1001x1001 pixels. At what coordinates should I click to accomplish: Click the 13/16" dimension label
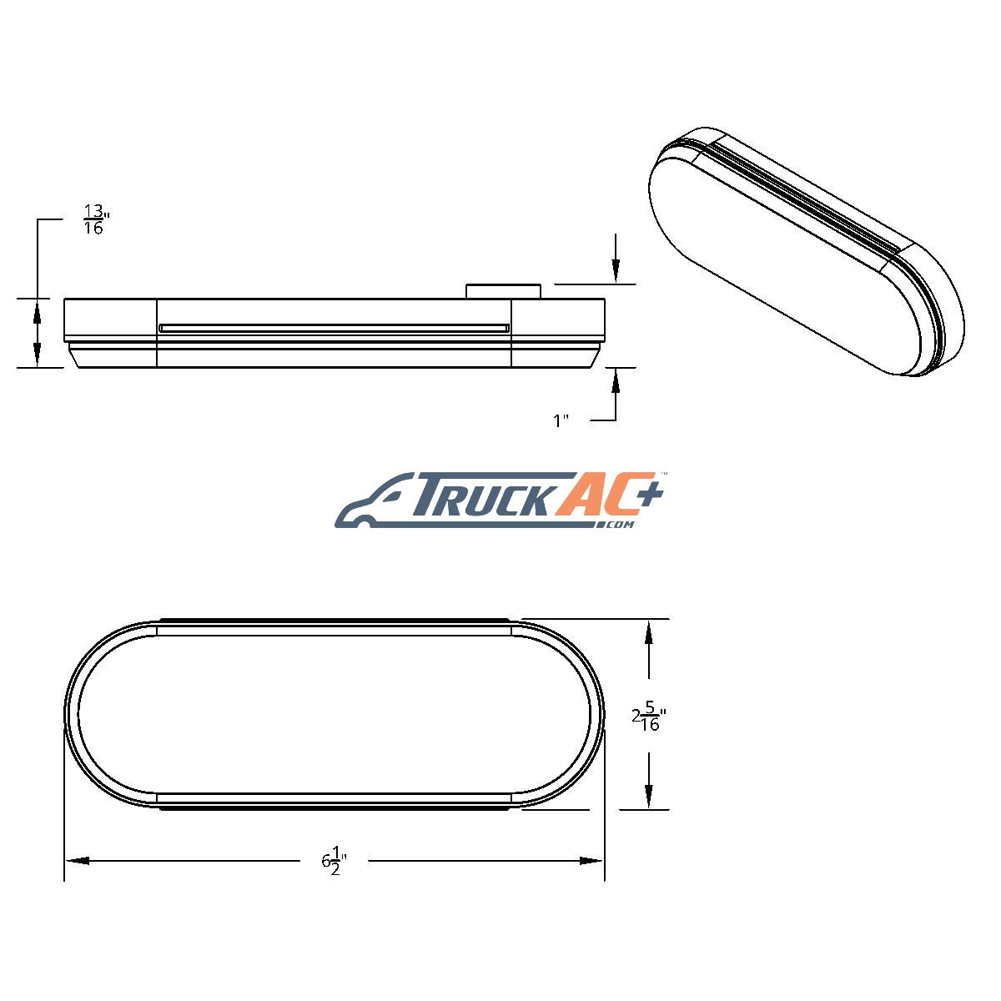tap(97, 219)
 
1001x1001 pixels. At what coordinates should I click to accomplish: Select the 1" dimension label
tap(561, 420)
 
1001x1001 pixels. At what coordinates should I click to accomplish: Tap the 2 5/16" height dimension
tap(649, 717)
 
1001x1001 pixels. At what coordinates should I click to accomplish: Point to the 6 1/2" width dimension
tap(334, 861)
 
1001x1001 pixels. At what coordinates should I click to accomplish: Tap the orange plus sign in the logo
tap(649, 490)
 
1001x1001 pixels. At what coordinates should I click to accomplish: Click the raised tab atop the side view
tap(504, 291)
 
